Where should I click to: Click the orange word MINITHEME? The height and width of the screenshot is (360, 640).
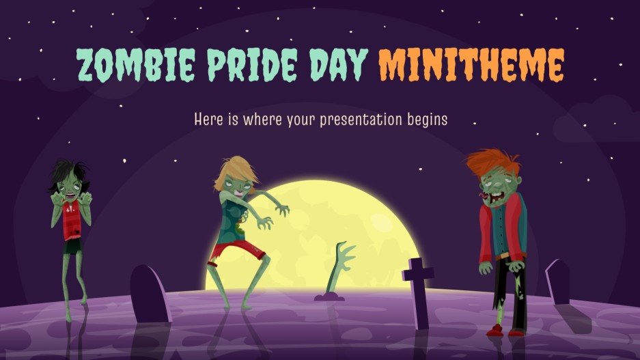click(x=471, y=65)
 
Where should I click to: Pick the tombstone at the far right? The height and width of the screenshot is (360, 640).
click(x=558, y=281)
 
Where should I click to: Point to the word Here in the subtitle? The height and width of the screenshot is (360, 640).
click(x=208, y=119)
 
